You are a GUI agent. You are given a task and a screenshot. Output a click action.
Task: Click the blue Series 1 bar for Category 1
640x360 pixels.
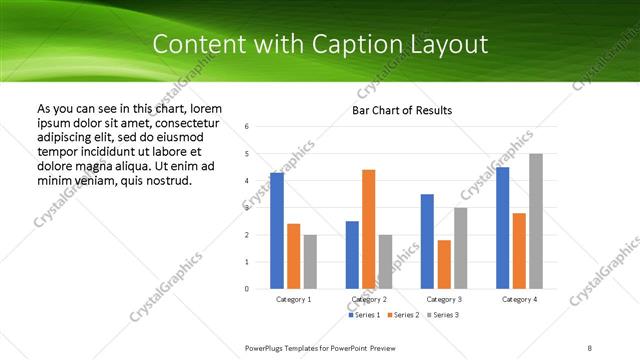click(x=277, y=231)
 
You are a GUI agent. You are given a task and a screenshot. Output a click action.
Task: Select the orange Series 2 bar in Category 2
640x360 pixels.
click(x=368, y=229)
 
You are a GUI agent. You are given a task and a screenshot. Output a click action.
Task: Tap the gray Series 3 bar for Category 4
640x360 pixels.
click(x=535, y=221)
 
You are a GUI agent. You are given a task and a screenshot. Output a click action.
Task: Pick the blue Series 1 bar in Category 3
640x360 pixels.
click(x=427, y=241)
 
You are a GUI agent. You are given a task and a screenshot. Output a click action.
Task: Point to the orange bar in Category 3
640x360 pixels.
click(x=444, y=264)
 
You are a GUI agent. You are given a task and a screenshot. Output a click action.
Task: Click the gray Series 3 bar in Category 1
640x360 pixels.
click(x=310, y=261)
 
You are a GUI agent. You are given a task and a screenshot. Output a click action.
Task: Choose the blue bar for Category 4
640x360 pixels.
click(x=502, y=228)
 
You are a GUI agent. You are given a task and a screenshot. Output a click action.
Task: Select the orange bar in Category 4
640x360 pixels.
click(x=519, y=250)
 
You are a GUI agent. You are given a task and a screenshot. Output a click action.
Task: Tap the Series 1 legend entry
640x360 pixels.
click(x=364, y=315)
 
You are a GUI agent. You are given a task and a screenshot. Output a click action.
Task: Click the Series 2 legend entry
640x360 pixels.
click(x=404, y=315)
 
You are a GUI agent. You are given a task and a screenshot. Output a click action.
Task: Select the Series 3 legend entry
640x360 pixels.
click(x=443, y=315)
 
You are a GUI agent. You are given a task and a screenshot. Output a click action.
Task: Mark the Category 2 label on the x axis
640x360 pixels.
click(x=369, y=299)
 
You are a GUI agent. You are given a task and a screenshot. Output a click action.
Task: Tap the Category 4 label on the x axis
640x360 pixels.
click(x=519, y=299)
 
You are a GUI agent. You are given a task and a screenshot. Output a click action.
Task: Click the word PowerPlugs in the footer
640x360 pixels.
click(x=268, y=347)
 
